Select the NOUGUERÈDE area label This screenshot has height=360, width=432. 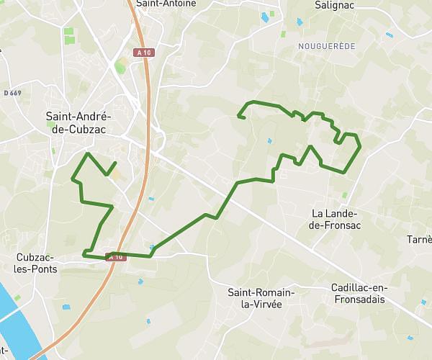tap(326, 45)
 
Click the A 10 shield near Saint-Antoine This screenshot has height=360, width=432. tap(144, 53)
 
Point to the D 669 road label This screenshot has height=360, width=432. tap(12, 93)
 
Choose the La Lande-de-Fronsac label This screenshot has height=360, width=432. tap(336, 220)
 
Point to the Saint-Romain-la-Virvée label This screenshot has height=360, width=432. tap(261, 299)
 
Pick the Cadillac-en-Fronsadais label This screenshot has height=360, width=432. tap(359, 294)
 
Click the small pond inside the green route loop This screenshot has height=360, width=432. tap(269, 140)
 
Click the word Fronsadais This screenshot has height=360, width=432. tap(359, 300)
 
